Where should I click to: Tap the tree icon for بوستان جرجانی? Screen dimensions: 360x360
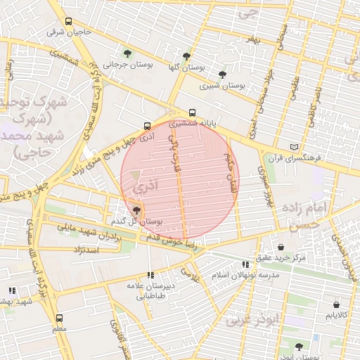tap(127, 53)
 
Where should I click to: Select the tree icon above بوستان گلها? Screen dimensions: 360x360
tap(186, 56)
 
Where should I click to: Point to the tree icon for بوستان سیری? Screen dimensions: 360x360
tap(223, 75)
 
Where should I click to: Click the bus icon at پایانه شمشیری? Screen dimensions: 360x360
tap(192, 112)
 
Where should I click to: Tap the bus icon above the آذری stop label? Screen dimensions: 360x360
tap(146, 127)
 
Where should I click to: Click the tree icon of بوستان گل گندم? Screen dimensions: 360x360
tap(136, 210)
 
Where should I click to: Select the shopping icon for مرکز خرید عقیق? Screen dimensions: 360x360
tap(281, 247)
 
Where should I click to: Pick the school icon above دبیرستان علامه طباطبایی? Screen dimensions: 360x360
tap(150, 276)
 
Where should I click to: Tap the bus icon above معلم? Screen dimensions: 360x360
tap(59, 318)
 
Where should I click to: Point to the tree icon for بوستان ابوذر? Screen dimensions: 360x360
tap(299, 347)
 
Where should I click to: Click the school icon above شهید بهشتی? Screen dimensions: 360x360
tap(12, 290)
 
